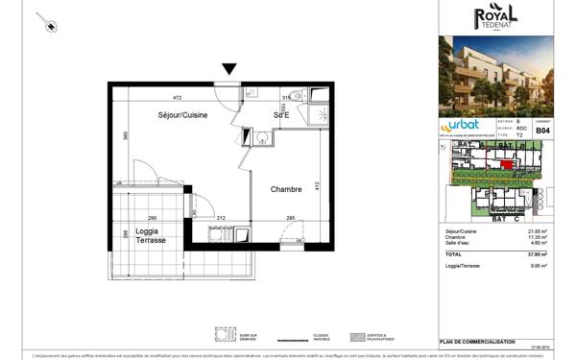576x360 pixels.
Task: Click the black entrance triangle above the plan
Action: click(228, 69)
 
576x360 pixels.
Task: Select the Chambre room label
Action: click(287, 189)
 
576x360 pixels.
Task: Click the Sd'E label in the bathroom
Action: click(283, 115)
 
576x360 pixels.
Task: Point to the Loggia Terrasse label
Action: click(149, 235)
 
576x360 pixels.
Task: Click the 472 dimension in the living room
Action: click(176, 97)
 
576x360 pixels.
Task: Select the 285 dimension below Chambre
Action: click(291, 219)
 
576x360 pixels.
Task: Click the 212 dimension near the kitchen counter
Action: click(221, 219)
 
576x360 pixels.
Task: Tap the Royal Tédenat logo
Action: click(495, 16)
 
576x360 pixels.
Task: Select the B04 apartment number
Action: click(542, 130)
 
